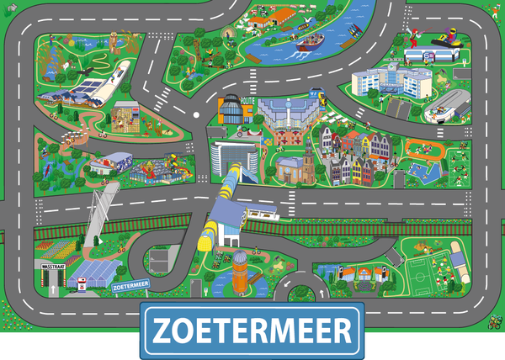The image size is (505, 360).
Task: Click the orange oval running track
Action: pos(423,150)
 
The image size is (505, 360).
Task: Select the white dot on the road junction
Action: pos(197,114)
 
